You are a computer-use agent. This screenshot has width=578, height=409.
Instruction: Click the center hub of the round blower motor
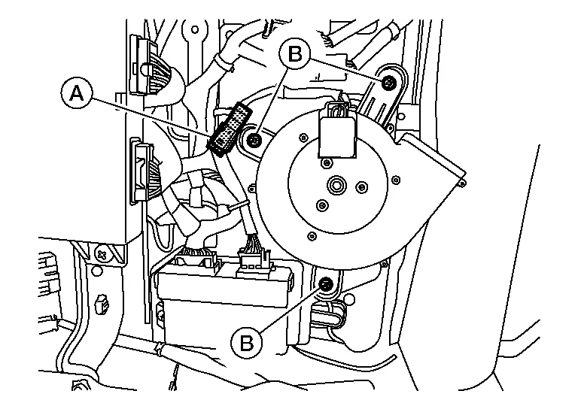pos(336,183)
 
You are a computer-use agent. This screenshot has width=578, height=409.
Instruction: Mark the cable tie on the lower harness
pos(157,350)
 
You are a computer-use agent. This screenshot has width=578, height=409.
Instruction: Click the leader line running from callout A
pos(151,114)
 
